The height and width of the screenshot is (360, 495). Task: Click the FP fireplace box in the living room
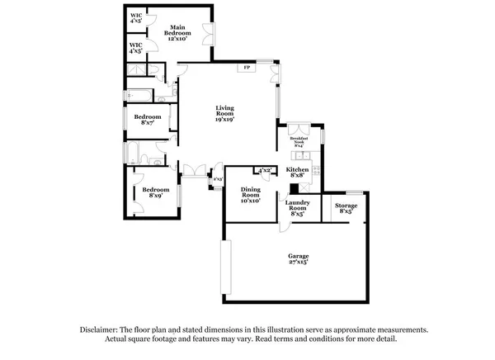[x=246, y=68]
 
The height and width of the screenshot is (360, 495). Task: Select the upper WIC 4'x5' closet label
[x=135, y=19]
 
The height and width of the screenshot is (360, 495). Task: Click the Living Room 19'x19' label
[x=224, y=113]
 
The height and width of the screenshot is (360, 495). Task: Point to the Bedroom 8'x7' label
[x=148, y=120]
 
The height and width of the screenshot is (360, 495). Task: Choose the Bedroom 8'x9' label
[x=159, y=192]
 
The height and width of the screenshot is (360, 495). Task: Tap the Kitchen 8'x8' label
[x=297, y=173]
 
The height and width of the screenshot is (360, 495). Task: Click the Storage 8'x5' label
[x=346, y=209]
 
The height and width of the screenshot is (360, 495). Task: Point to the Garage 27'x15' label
[x=299, y=259]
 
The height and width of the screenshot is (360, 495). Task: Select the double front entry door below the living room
[x=196, y=171]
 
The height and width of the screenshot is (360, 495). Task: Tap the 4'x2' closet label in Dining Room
[x=264, y=170]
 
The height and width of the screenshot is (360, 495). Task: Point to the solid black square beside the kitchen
[x=294, y=188]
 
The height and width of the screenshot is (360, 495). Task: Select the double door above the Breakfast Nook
[x=297, y=129]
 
